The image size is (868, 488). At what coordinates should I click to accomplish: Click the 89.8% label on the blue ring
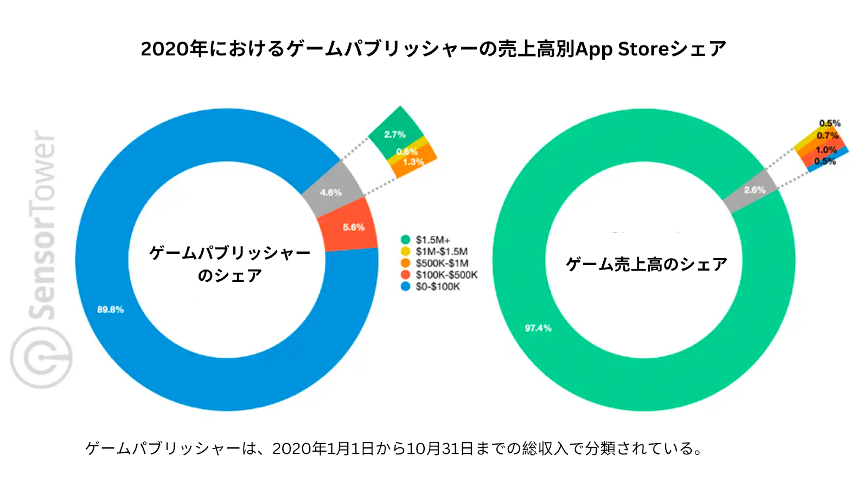pyautogui.click(x=111, y=310)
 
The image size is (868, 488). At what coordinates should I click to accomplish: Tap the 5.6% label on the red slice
pyautogui.click(x=353, y=227)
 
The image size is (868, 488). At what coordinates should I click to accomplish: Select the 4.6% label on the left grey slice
pyautogui.click(x=330, y=192)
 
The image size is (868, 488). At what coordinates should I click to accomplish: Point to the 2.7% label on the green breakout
pyautogui.click(x=394, y=134)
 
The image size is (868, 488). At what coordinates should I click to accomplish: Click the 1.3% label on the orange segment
pyautogui.click(x=413, y=162)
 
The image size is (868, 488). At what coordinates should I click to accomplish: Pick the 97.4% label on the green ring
pyautogui.click(x=538, y=328)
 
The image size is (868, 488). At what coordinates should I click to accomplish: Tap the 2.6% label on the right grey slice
pyautogui.click(x=755, y=190)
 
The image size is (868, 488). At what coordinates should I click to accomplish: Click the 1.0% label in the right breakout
pyautogui.click(x=826, y=150)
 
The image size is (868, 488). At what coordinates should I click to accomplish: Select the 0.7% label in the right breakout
pyautogui.click(x=827, y=136)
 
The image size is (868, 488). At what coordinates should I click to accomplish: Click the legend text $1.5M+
pyautogui.click(x=433, y=240)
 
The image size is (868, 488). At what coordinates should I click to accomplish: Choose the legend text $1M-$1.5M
pyautogui.click(x=442, y=252)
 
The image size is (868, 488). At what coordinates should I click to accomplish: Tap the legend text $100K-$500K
pyautogui.click(x=446, y=275)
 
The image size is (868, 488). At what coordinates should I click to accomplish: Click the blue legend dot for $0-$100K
pyautogui.click(x=405, y=286)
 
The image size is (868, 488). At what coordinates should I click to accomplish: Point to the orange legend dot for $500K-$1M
pyautogui.click(x=405, y=263)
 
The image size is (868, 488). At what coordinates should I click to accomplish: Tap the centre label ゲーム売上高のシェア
pyautogui.click(x=646, y=264)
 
